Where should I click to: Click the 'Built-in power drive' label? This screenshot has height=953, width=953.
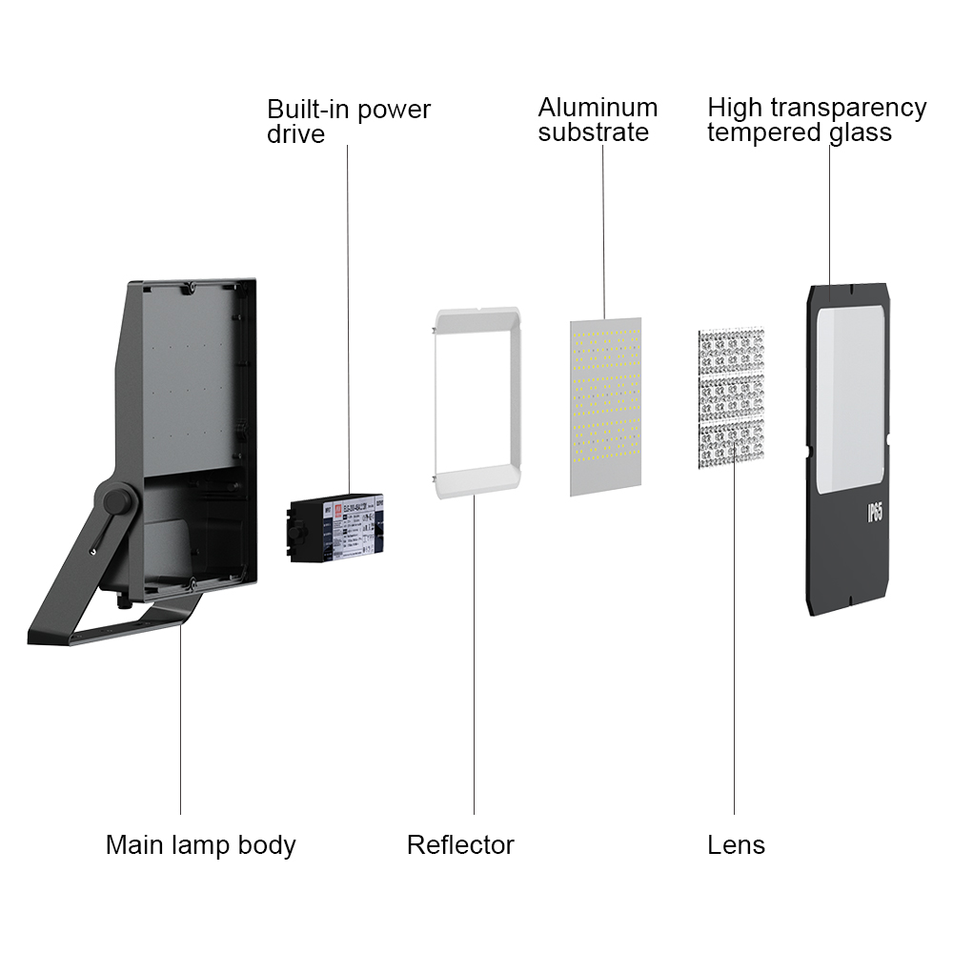(x=348, y=121)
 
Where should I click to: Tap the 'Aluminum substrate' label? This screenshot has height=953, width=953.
(x=598, y=120)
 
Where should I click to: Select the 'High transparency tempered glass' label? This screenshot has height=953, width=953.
(x=816, y=120)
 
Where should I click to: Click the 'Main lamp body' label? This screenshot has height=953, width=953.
(x=200, y=844)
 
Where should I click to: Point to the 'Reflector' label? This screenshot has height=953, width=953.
(x=460, y=844)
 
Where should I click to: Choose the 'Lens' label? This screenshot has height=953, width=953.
(x=736, y=844)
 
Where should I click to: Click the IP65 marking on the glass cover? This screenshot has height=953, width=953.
(x=874, y=512)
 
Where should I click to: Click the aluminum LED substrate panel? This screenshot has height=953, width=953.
(x=605, y=407)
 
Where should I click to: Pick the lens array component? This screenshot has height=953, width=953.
(x=731, y=401)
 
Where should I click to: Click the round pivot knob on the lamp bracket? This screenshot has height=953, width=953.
(x=118, y=500)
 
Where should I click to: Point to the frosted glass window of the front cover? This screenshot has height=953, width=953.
(x=850, y=400)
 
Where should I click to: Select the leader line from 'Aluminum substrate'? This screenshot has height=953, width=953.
(x=603, y=229)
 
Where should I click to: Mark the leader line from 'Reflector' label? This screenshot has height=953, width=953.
(x=474, y=667)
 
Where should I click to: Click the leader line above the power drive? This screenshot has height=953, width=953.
(x=348, y=314)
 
